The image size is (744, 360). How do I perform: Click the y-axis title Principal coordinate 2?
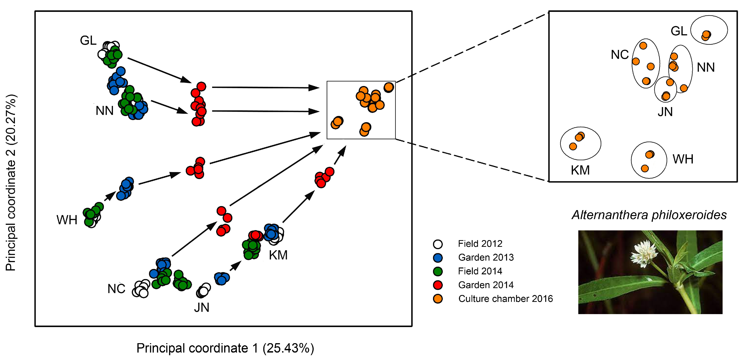click(x=11, y=183)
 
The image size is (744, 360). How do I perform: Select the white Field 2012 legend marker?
click(x=438, y=244)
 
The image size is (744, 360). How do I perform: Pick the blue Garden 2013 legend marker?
click(x=438, y=258)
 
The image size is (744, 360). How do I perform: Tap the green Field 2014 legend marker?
click(x=438, y=271)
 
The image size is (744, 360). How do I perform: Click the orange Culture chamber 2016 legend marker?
click(x=438, y=299)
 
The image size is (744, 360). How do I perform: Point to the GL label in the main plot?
click(x=88, y=41)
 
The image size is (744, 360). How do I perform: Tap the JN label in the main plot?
click(x=202, y=308)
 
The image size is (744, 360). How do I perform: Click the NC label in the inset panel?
click(x=620, y=55)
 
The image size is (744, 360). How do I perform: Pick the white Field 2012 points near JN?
click(x=203, y=291)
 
